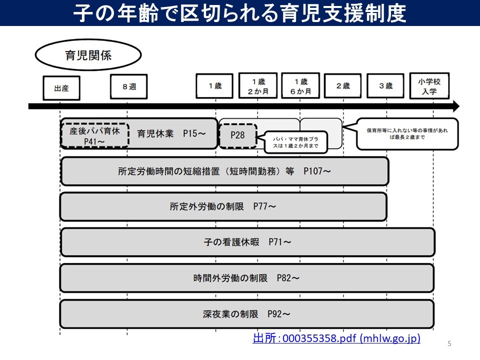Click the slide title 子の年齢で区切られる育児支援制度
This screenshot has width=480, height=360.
tap(239, 13)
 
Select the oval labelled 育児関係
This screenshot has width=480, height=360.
tap(87, 55)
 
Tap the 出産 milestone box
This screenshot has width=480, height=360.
tap(61, 88)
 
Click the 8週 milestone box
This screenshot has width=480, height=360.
tap(128, 87)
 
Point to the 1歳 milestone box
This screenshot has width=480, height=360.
tap(214, 86)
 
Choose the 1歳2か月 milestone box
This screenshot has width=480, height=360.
tap(257, 86)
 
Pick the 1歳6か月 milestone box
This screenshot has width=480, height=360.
tap(300, 86)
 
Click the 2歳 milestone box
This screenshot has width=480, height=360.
tap(342, 86)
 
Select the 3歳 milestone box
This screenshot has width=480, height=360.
tap(385, 86)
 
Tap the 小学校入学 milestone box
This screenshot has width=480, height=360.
tap(429, 86)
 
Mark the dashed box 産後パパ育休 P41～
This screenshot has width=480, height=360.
tap(94, 135)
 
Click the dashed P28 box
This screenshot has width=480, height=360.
tap(237, 135)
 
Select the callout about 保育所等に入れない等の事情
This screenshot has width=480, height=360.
tap(407, 134)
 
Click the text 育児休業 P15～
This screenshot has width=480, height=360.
tap(171, 133)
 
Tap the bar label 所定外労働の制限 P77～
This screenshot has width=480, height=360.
tap(222, 206)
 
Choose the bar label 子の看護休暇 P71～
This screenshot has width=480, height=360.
tap(247, 242)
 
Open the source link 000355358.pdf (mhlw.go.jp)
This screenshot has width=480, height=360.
tap(336, 338)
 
